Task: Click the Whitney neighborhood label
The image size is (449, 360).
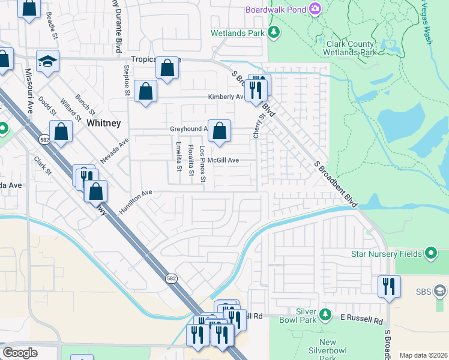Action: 104,123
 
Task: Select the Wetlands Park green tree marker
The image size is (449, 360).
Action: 274,32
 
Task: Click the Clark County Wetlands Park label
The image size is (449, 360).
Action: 351,48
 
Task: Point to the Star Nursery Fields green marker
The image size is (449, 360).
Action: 430,253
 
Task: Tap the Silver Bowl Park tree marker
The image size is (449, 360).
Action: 325,314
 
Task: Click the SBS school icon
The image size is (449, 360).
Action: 440,292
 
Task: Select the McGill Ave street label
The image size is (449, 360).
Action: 224,160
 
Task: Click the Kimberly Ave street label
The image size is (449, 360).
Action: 226,97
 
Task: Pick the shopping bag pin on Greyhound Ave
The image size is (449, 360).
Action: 220,131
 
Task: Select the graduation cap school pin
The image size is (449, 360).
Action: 47,61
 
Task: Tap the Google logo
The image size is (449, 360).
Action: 19,353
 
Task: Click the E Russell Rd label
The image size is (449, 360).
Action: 362,322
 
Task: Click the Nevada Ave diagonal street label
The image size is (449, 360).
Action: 115,151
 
